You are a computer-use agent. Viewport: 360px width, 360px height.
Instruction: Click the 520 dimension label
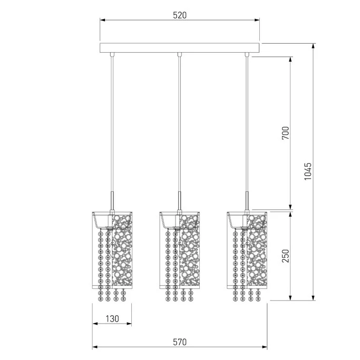tap(180, 15)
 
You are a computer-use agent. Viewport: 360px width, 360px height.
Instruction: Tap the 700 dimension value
tap(285, 133)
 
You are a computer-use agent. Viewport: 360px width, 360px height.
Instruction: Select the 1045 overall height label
tap(308, 171)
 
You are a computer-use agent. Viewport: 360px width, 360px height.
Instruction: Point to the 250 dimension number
tap(285, 256)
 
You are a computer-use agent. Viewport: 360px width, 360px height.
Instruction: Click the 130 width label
tap(112, 319)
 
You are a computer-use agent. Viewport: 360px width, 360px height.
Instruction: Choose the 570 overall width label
tap(180, 342)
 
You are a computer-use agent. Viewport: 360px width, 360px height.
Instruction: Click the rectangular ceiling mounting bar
tap(180, 48)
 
